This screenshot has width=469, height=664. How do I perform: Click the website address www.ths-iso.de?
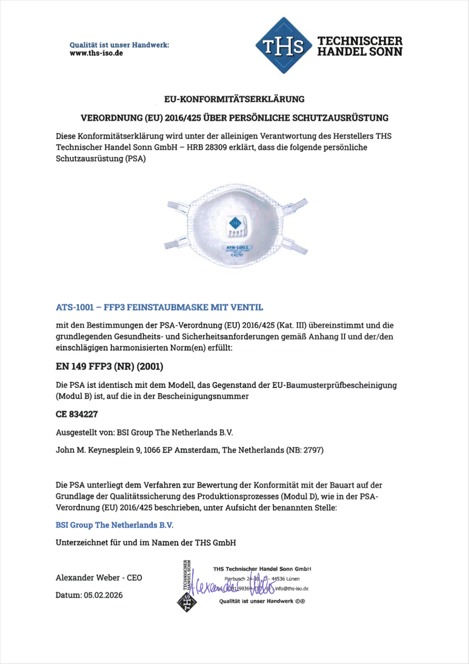96,53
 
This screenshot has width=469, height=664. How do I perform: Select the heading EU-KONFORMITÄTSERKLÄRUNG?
234,98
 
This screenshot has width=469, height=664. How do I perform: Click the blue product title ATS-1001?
74,307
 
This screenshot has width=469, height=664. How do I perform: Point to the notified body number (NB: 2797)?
305,450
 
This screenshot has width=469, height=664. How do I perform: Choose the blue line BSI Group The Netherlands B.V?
115,525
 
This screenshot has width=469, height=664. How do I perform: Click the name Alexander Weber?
88,578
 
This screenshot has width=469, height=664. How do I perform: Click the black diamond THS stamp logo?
186,602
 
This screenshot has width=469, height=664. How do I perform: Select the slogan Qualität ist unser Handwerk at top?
119,45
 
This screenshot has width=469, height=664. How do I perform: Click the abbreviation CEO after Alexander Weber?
134,578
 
